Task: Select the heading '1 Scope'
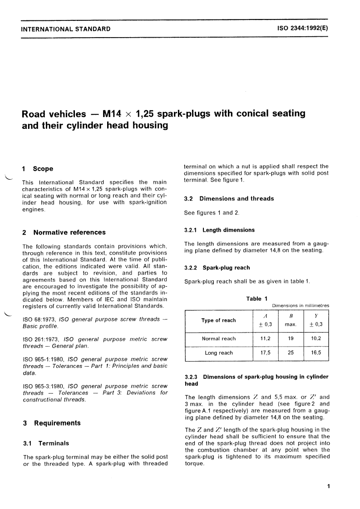point(38,169)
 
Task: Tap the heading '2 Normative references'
point(64,232)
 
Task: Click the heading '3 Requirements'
point(52,423)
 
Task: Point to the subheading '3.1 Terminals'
point(46,443)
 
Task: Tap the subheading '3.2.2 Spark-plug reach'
point(217,268)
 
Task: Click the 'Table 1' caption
point(254,299)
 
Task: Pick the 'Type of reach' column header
point(218,320)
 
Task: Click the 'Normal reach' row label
point(219,338)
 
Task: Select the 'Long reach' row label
point(219,353)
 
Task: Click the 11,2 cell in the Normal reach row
point(266,338)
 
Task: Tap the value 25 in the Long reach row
point(291,353)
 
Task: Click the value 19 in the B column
point(291,338)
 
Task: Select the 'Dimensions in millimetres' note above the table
point(301,306)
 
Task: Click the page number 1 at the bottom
point(328,487)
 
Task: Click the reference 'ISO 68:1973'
point(43,319)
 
